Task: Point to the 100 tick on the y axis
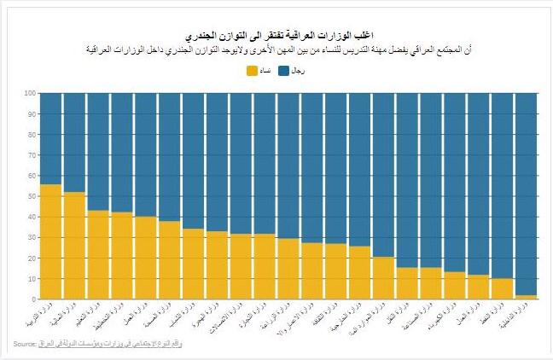click(x=29, y=93)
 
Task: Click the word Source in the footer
click(x=24, y=344)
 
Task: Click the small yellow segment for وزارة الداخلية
click(x=526, y=297)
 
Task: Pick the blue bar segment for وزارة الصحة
click(x=170, y=157)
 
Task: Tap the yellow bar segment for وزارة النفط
click(x=502, y=289)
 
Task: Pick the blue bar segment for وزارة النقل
click(x=407, y=180)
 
